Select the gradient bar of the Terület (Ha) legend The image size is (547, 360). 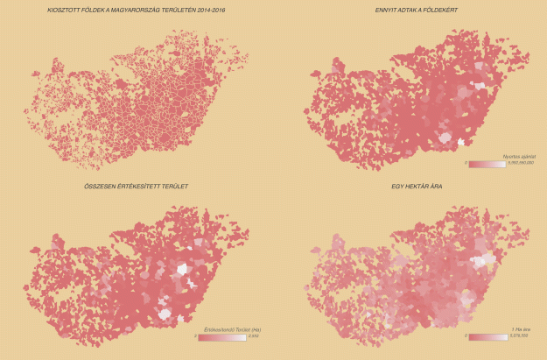(x=223, y=336)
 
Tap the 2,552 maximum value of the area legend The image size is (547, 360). (x=254, y=336)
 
